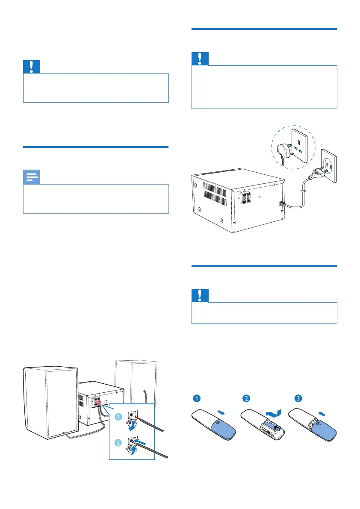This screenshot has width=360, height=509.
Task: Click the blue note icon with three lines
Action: pos(32,177)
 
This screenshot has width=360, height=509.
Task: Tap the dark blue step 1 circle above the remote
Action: pos(195,398)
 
